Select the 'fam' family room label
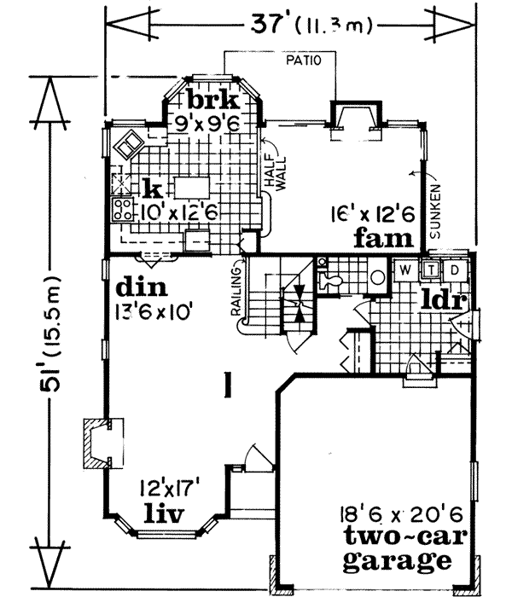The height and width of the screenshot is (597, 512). coord(385,237)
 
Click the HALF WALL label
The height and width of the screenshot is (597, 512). coord(272,174)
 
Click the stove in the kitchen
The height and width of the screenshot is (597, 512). coord(121,210)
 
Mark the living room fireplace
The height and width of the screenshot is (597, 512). coord(96,444)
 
